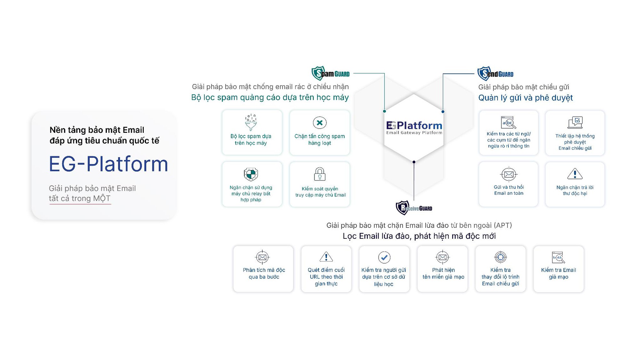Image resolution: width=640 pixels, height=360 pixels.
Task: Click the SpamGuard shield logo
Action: point(318,73)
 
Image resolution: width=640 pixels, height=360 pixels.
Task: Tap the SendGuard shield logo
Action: point(484,74)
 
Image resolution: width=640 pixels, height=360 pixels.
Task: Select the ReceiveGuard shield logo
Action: point(402,208)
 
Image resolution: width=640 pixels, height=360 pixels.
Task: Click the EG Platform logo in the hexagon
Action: point(414,127)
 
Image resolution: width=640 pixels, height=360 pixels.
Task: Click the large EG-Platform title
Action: point(108,164)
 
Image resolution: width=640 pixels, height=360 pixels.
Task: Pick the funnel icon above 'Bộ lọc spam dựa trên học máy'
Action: point(251,122)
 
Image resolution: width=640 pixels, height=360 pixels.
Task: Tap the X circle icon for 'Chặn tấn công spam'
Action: point(319,123)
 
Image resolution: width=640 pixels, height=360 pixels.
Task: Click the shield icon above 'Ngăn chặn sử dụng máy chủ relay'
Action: point(251,174)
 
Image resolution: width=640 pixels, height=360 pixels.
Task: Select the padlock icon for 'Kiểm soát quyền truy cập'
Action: point(319,174)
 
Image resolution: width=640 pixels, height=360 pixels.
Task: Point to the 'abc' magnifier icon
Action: point(508,123)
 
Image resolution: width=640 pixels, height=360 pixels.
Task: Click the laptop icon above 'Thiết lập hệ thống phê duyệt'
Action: point(575,123)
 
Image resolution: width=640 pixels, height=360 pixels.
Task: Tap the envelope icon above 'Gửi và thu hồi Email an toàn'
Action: point(508,174)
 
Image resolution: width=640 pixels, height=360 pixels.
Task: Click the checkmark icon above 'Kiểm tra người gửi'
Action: point(384,257)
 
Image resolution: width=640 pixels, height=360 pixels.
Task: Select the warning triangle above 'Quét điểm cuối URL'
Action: point(326,257)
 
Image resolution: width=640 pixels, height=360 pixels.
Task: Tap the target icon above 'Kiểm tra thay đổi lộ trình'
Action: point(500,257)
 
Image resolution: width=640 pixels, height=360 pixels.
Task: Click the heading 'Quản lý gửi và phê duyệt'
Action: point(525,98)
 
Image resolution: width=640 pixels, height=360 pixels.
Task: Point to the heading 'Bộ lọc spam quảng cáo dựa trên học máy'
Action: point(270,98)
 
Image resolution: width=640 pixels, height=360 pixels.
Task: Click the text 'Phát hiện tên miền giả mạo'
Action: point(443,274)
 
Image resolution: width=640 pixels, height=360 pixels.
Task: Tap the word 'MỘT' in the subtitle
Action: point(102,198)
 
